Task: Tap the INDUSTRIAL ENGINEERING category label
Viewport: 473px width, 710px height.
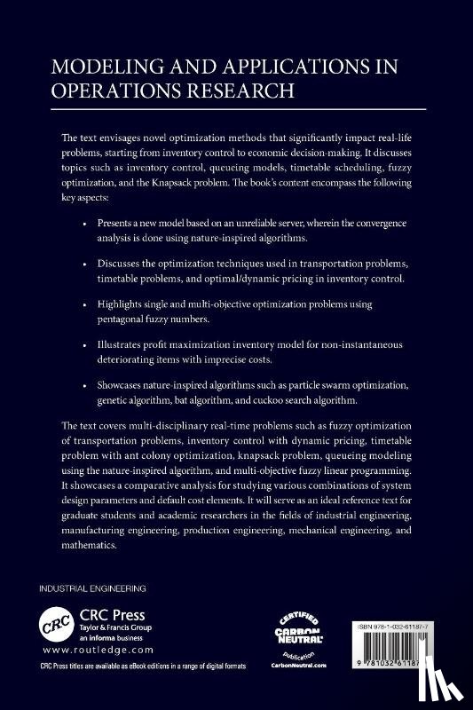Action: click(x=92, y=588)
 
